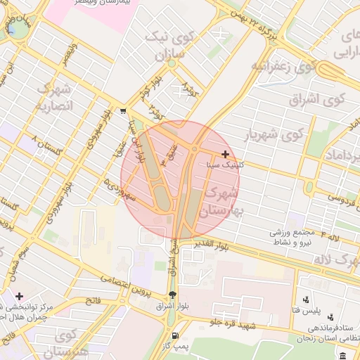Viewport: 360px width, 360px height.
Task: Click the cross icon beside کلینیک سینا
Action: (225, 154)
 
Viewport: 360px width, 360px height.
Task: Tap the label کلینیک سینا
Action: (226, 165)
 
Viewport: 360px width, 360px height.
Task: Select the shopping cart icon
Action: (124, 110)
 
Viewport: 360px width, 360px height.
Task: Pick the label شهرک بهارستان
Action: (220, 199)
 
